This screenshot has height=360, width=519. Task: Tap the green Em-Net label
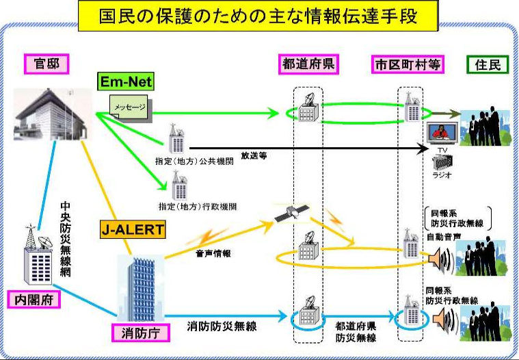tap(124, 82)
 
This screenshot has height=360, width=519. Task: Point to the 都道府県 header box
tap(310, 64)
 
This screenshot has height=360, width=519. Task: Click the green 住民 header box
tap(486, 64)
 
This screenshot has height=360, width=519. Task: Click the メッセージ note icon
tap(130, 107)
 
